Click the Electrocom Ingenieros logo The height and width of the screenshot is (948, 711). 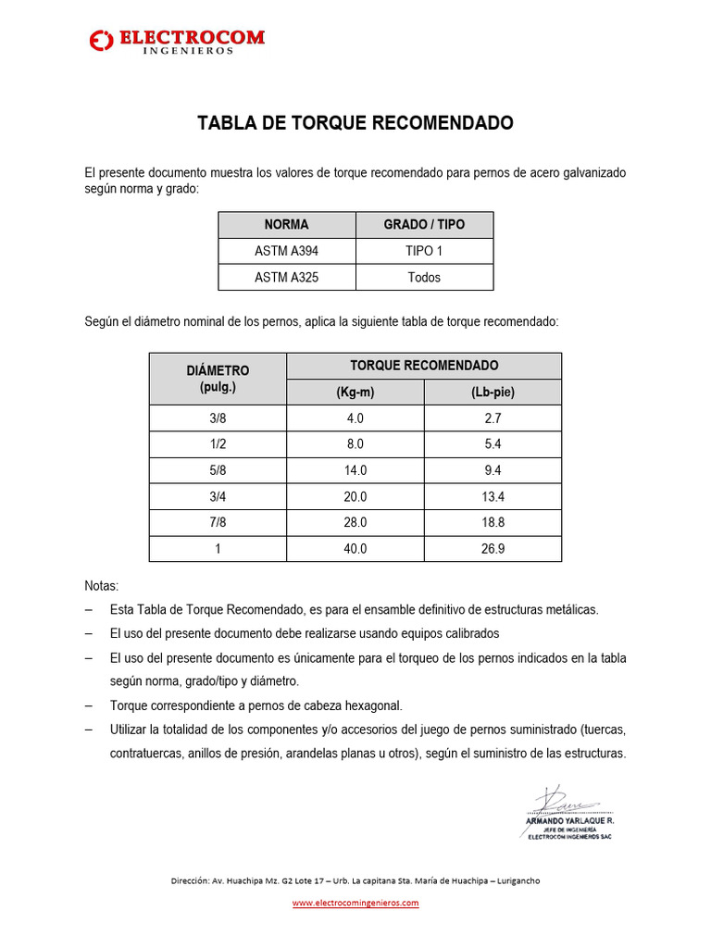pos(176,41)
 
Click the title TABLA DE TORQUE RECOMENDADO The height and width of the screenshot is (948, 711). pos(355,123)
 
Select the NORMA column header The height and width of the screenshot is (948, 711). pos(287,225)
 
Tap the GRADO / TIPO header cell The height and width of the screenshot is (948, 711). pos(424,225)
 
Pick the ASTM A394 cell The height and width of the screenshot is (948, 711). pos(287,251)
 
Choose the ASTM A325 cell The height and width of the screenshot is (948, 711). pos(287,277)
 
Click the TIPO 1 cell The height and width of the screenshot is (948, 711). pos(424,251)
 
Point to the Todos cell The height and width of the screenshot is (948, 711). pos(424,277)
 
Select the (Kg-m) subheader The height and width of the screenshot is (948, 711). pos(355,392)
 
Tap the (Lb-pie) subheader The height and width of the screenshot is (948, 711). pos(493,392)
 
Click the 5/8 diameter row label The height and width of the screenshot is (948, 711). pos(218,470)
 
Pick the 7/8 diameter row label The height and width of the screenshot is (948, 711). pos(218,522)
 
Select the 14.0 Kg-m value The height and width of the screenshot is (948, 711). pos(355,470)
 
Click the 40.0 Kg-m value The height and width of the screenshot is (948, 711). pos(355,548)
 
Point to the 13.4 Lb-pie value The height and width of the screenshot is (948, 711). pos(493,496)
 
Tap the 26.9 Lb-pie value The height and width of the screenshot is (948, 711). pos(493,548)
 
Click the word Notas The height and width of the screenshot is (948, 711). pos(101,586)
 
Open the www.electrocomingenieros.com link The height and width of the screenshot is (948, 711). pos(355,903)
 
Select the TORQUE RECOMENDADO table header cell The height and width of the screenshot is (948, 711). pos(424,366)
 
